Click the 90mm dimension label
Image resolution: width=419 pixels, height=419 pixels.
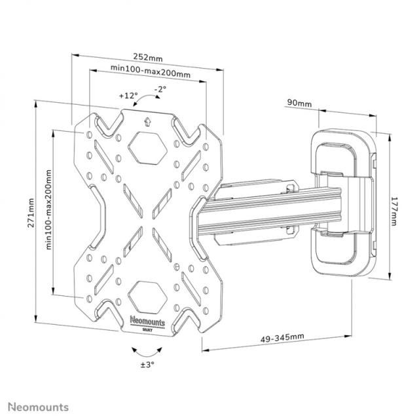299,103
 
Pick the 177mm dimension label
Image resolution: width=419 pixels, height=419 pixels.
395,207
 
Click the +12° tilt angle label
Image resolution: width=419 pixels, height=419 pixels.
128,95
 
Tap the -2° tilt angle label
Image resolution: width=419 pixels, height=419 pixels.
160,88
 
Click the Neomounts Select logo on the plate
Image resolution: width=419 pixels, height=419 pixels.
148,323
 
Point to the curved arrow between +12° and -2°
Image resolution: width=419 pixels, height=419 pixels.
148,99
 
